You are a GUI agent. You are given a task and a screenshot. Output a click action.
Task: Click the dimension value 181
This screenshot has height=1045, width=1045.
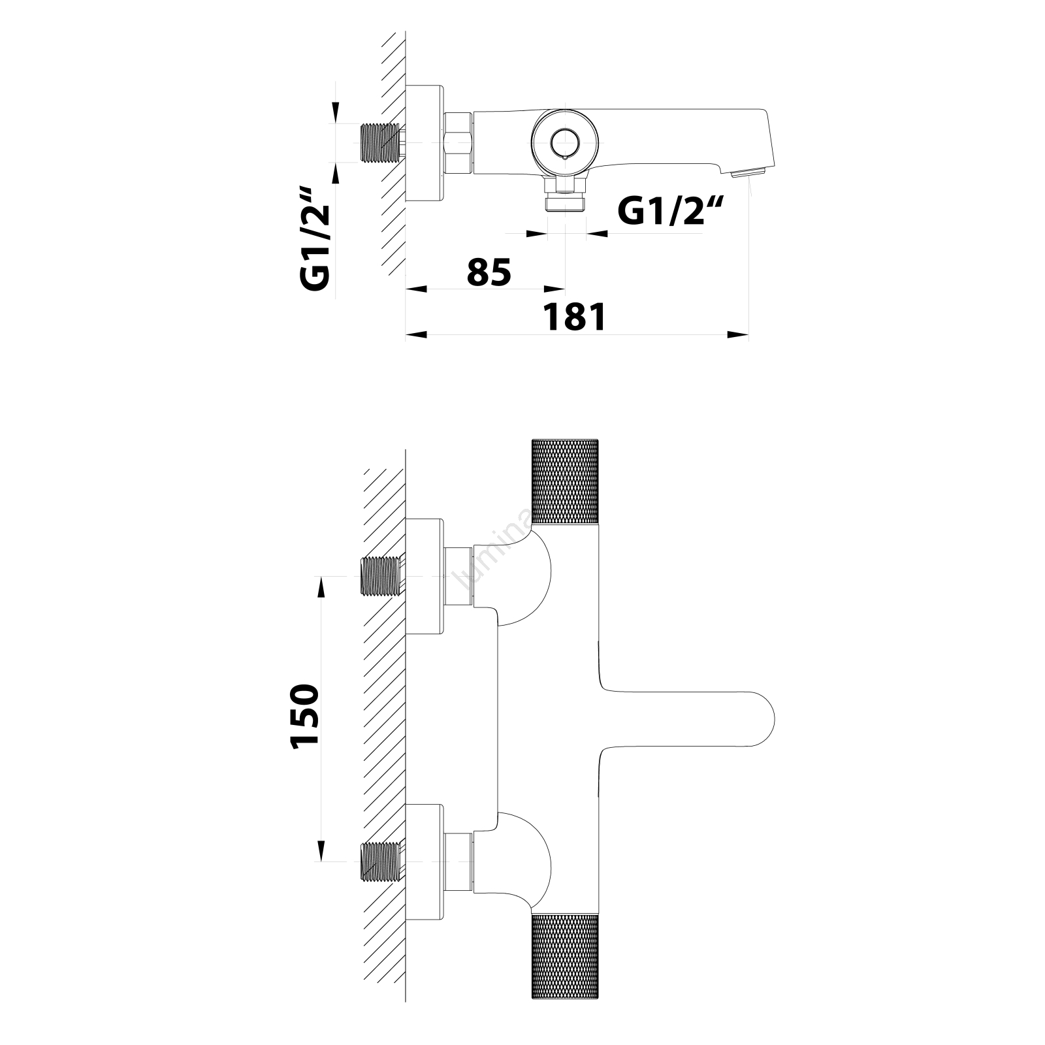pyautogui.click(x=575, y=318)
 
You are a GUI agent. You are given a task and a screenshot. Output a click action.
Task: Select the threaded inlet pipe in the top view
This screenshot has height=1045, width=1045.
pyautogui.click(x=380, y=142)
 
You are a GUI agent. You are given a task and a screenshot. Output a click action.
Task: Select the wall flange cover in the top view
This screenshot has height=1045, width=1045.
pyautogui.click(x=425, y=142)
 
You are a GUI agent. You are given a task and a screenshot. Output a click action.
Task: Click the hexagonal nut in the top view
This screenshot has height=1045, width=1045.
pyautogui.click(x=458, y=142)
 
